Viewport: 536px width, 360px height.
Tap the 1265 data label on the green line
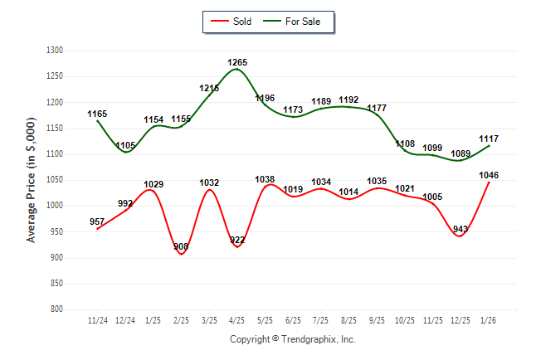tap(237, 62)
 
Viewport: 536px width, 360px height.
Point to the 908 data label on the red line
tap(182, 246)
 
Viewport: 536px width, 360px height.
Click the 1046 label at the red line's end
tap(488, 175)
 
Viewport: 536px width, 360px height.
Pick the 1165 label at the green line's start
tap(98, 114)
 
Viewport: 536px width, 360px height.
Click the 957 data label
tap(98, 221)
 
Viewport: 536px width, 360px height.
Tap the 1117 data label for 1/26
tap(488, 138)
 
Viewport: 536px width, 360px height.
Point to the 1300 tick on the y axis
tap(55, 51)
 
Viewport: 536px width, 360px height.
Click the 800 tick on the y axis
tap(57, 309)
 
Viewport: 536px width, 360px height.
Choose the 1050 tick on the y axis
tap(55, 180)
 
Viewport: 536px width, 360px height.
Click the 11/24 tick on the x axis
tap(98, 320)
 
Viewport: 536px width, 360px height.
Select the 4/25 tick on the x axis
tap(236, 320)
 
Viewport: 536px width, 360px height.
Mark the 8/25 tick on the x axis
tap(348, 320)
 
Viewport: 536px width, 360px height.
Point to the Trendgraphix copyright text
tap(292, 339)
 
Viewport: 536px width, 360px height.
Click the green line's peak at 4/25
tap(236, 69)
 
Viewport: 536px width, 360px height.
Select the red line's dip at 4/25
tap(236, 247)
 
